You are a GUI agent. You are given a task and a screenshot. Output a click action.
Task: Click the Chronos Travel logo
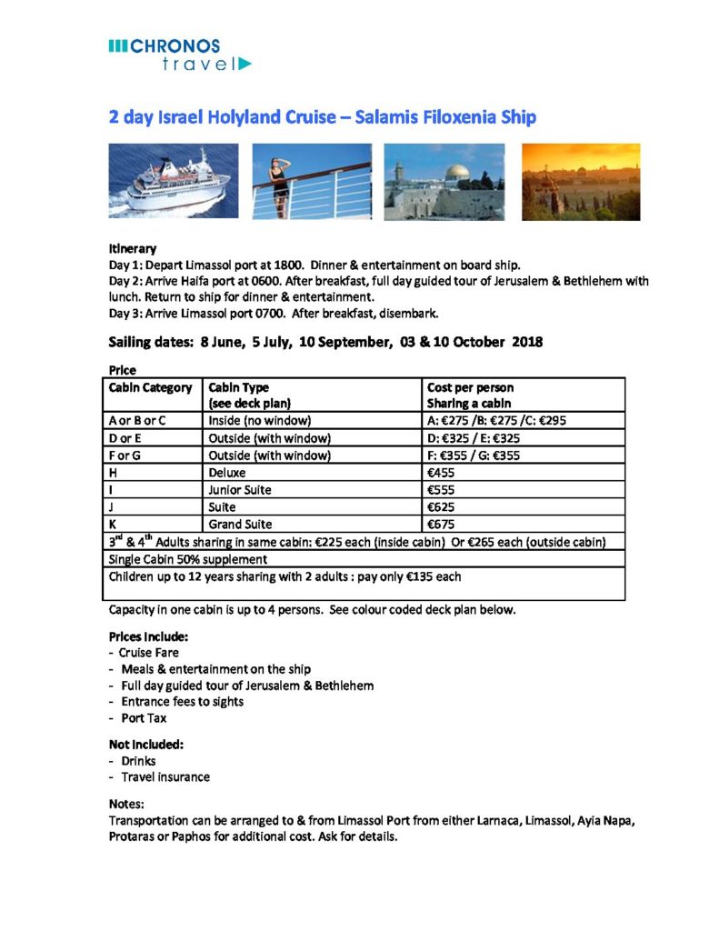point(178,54)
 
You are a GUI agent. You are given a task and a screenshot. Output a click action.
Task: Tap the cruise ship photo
point(173,181)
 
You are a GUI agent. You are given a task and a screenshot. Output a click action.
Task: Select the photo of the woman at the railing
point(312,181)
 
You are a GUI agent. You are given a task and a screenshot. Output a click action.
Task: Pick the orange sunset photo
point(580,181)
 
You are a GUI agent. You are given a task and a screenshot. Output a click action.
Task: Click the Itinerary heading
point(133,248)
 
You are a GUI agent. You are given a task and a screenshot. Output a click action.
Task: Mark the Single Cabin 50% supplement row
point(178,559)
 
